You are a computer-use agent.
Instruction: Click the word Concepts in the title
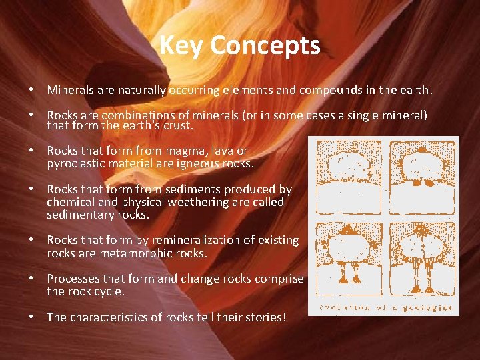(265, 45)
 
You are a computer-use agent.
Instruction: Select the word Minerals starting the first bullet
(70, 89)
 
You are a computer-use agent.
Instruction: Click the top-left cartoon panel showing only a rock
(348, 177)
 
